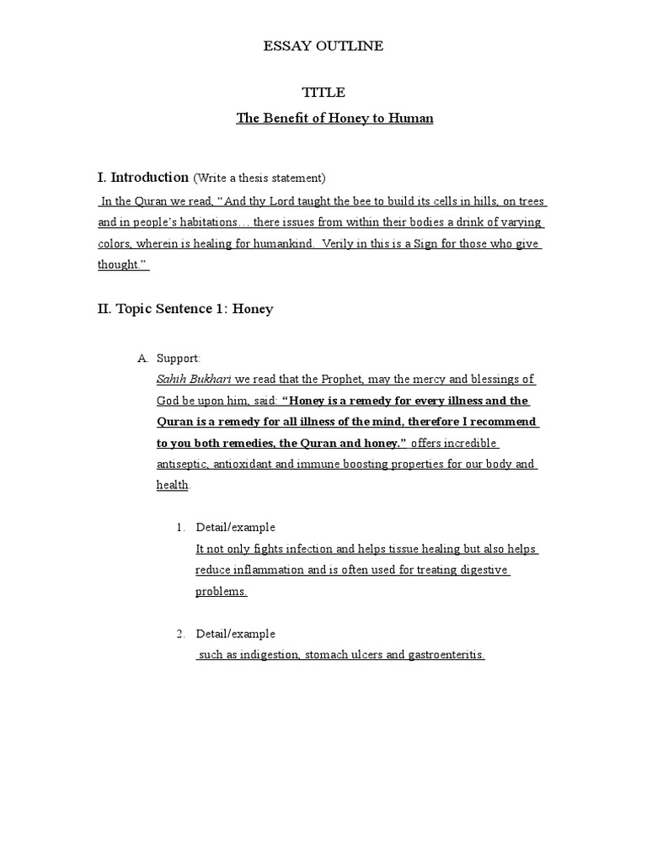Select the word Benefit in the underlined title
(x=284, y=119)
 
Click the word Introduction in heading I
(x=149, y=178)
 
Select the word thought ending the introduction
(x=120, y=264)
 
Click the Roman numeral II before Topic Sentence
(x=104, y=309)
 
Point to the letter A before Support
(x=142, y=359)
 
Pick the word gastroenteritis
(x=446, y=656)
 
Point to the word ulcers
(x=364, y=656)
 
